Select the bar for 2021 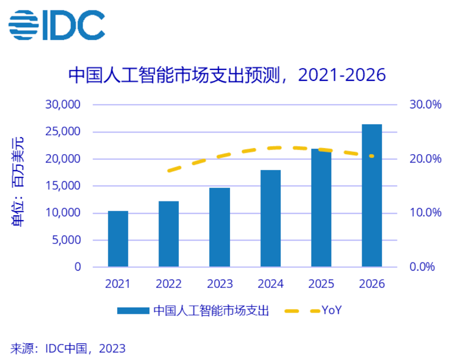[x=118, y=239]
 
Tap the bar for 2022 [x=168, y=234]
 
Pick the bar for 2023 [x=219, y=227]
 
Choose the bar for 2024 [x=270, y=219]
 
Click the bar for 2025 [x=321, y=208]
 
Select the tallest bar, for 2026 [x=372, y=195]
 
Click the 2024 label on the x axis [x=270, y=284]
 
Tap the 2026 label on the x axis [x=372, y=284]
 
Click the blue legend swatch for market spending [x=133, y=311]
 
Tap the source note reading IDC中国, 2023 [x=68, y=348]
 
